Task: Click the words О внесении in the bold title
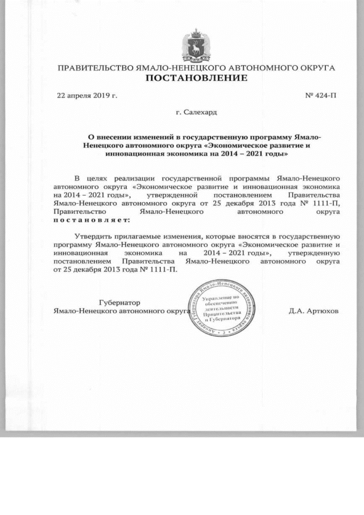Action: click(x=105, y=137)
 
